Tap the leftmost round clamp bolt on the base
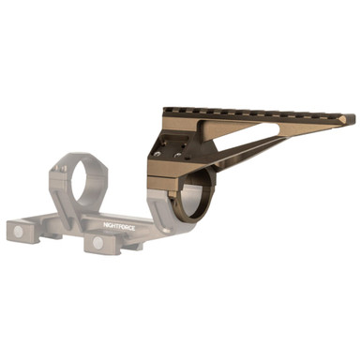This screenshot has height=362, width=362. (x=13, y=228)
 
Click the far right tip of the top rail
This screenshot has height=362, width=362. (x=352, y=119)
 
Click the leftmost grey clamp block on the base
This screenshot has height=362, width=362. (x=21, y=231)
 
